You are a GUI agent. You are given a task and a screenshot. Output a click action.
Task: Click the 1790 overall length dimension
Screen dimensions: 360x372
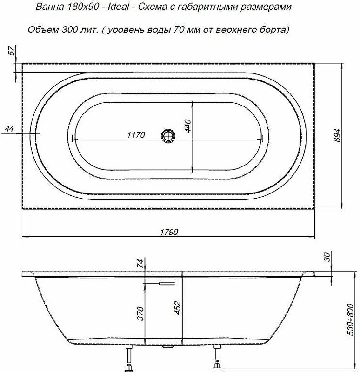[169, 232]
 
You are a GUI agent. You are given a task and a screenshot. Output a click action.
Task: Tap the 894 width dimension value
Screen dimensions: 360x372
[337, 135]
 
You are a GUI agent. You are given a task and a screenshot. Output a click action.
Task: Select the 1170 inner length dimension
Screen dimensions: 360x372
[136, 135]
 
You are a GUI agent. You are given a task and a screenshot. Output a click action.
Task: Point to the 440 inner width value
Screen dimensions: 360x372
[187, 126]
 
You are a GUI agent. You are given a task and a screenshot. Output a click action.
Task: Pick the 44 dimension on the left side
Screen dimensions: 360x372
[9, 129]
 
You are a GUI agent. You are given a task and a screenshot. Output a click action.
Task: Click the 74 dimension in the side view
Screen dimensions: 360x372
[140, 264]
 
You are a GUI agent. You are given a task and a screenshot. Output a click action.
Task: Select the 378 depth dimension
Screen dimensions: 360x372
[141, 313]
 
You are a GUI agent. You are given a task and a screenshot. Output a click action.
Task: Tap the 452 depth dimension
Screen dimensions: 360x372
[178, 308]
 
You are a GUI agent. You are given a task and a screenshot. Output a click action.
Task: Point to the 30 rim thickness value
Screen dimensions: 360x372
[327, 257]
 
